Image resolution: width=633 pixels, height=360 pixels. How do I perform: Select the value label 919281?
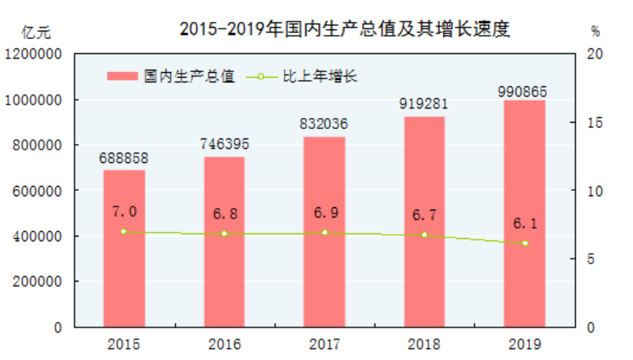424,105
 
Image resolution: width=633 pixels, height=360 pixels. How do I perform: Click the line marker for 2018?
424,235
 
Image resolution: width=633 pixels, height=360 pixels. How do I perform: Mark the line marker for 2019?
524,243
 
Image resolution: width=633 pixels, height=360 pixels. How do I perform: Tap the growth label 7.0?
125,211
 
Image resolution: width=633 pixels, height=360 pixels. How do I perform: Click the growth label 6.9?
324,214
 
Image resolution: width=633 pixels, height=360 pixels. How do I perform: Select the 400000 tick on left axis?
36,237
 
